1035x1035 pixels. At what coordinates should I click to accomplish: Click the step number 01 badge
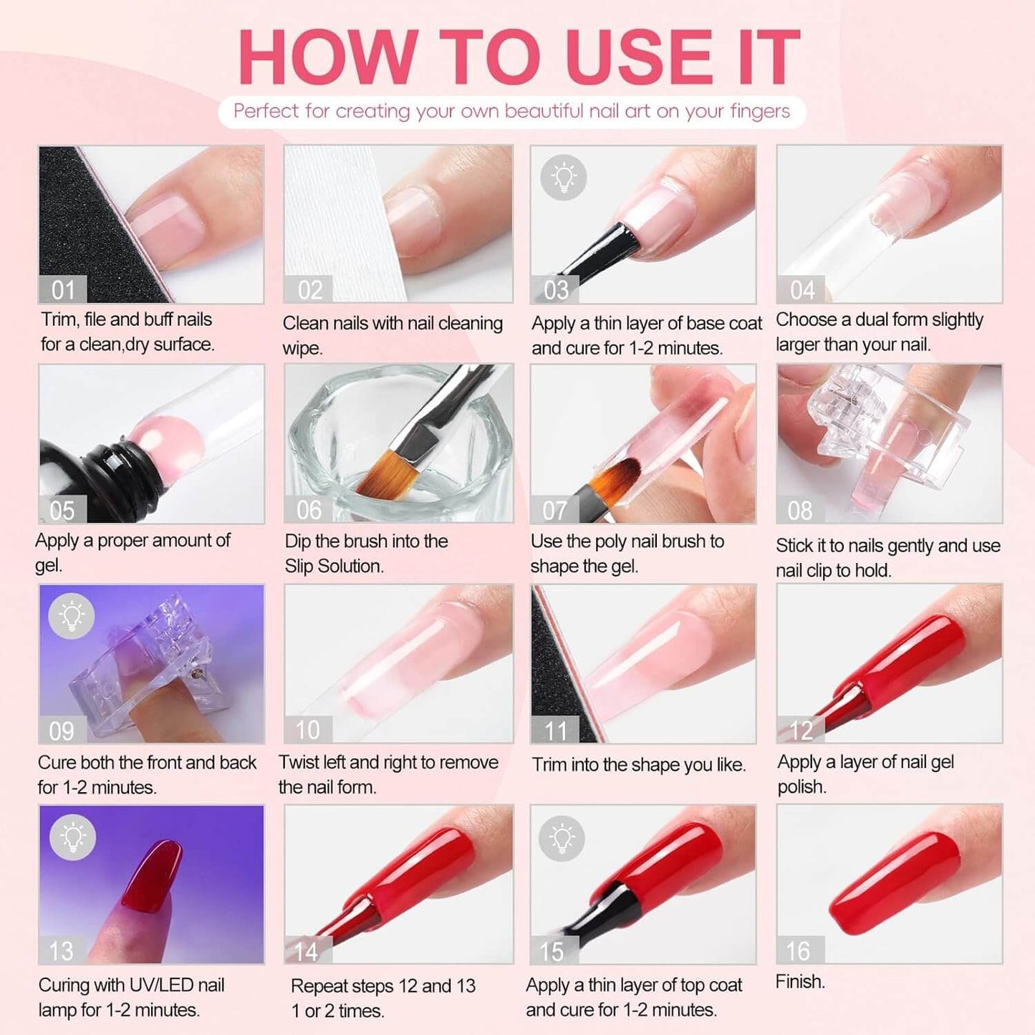[63, 290]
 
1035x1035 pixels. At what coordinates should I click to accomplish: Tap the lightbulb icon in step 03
[564, 177]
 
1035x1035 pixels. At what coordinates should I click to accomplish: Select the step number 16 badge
[799, 950]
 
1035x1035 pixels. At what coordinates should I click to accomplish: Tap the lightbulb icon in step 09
[72, 615]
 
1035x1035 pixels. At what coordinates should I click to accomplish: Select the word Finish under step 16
[800, 981]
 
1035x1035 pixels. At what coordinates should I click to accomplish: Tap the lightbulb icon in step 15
[562, 837]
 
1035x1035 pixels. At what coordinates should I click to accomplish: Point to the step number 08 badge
[800, 510]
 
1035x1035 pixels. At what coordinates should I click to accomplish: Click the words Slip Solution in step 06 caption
[334, 566]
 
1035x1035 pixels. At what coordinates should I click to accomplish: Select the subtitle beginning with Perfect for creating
[511, 112]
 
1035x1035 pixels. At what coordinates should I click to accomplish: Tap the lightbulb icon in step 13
[72, 837]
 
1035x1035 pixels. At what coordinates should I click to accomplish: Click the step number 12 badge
[801, 730]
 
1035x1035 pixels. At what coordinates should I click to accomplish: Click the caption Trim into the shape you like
[638, 764]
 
